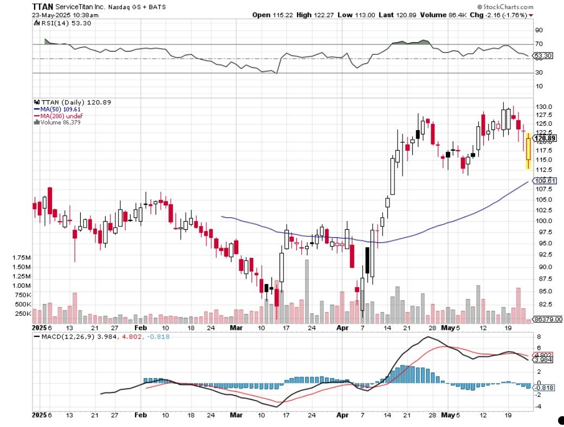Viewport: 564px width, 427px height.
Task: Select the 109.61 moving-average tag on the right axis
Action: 544,180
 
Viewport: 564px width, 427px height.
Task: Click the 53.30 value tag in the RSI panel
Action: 543,56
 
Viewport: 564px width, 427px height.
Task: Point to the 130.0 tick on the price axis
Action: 542,106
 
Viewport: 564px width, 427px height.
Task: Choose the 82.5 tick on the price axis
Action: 542,305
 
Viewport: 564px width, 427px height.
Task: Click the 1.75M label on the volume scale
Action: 21,257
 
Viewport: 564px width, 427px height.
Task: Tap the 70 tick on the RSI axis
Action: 539,44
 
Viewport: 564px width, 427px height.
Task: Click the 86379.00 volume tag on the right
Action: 547,319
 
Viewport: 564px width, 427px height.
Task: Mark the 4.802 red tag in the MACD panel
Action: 544,355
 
